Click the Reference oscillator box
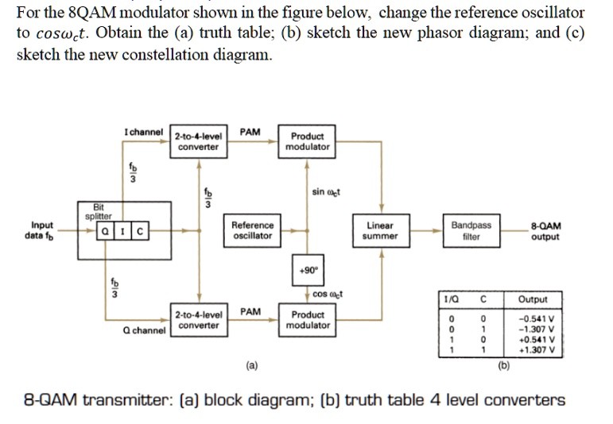[253, 230]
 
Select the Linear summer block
[379, 230]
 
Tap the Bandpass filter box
[471, 230]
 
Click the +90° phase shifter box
[308, 268]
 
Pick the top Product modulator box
[308, 141]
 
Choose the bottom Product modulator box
[308, 320]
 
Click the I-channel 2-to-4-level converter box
[198, 141]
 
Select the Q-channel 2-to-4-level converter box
[198, 320]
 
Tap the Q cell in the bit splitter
[103, 232]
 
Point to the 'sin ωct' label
[326, 191]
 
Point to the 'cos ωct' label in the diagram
[327, 294]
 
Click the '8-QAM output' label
[546, 231]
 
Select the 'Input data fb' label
[43, 231]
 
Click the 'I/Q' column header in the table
[455, 299]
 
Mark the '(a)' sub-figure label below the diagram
[252, 367]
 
